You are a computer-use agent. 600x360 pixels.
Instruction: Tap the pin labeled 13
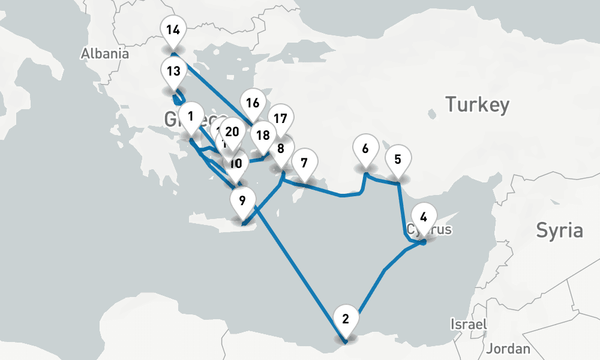[x=173, y=71]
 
